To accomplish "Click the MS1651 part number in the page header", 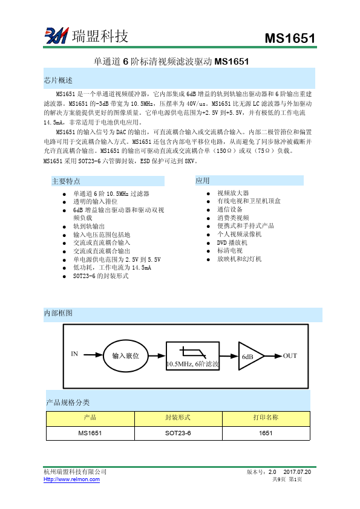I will point(290,39).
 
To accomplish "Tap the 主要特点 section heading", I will point(66,181).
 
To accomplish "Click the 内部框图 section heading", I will point(58,313).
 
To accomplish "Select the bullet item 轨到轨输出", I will point(88,226).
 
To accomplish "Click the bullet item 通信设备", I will point(229,209).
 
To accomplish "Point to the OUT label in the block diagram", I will point(290,355).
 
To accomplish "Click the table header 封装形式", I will point(178,418).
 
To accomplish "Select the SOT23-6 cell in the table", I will point(178,433).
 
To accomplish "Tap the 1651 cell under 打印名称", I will point(266,433).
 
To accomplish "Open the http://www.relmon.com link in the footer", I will point(72,479).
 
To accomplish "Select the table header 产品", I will point(90,418).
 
